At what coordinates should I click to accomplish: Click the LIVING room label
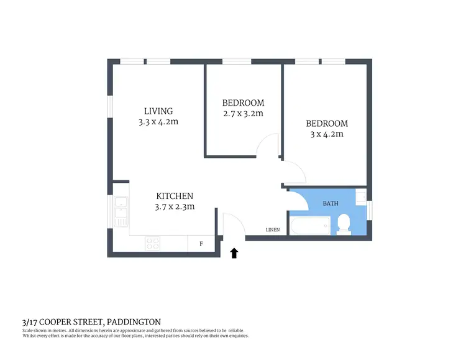(158, 111)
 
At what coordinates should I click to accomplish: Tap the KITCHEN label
(175, 195)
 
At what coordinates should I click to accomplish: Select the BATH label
(331, 203)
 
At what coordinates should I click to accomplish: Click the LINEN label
(273, 230)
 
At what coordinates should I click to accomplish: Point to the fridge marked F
(201, 244)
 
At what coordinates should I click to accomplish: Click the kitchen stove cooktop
(153, 243)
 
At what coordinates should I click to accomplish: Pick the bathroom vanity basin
(360, 197)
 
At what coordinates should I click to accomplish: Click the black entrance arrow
(234, 252)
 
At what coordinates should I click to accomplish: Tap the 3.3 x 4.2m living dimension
(158, 122)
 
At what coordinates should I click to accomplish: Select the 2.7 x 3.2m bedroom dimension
(243, 114)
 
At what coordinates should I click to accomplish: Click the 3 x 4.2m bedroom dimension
(327, 134)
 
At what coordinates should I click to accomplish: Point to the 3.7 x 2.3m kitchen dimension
(175, 206)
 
